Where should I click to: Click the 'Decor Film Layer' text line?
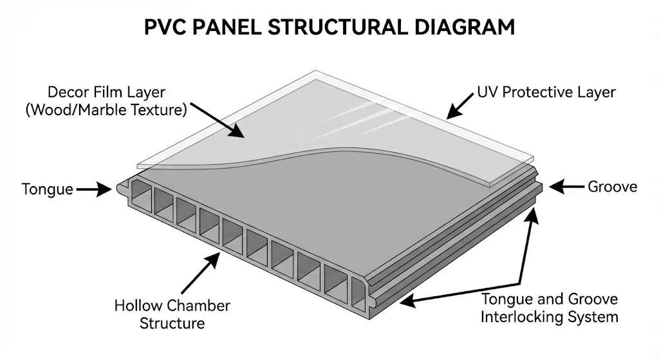106,91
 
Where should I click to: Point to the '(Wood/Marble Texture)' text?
106,109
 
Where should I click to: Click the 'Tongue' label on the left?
47,189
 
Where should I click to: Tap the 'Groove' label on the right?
612,187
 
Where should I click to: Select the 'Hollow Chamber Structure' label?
172,314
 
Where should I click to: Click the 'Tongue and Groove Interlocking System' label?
550,308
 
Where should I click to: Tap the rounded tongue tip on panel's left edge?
122,188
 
